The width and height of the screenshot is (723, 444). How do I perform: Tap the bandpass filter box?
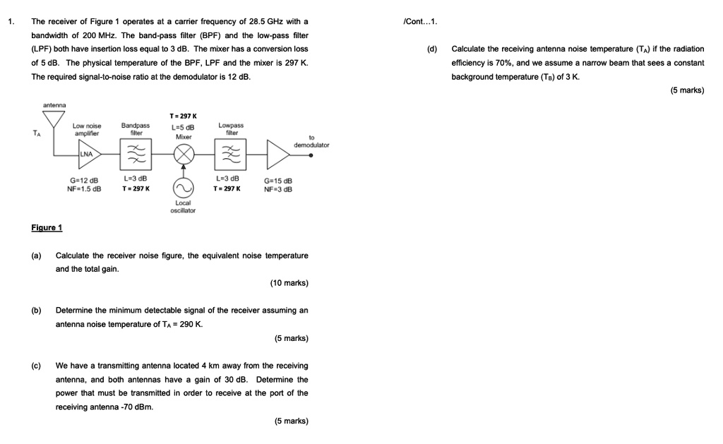(x=136, y=154)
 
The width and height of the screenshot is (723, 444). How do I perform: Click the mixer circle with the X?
(x=184, y=154)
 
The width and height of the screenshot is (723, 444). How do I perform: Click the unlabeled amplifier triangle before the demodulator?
(x=277, y=153)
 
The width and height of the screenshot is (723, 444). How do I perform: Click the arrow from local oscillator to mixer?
(x=184, y=172)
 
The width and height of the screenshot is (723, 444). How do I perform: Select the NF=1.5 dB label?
(x=84, y=188)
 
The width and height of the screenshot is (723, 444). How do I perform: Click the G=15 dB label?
(x=278, y=181)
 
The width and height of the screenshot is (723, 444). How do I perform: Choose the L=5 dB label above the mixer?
(x=184, y=126)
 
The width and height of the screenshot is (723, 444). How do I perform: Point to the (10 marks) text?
(x=289, y=283)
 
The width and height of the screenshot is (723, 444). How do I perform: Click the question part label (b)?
(x=36, y=311)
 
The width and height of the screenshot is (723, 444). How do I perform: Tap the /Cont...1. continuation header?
(x=419, y=21)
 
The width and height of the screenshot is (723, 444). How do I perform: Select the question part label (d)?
(x=431, y=49)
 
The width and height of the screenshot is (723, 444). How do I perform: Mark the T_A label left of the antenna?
(x=36, y=131)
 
